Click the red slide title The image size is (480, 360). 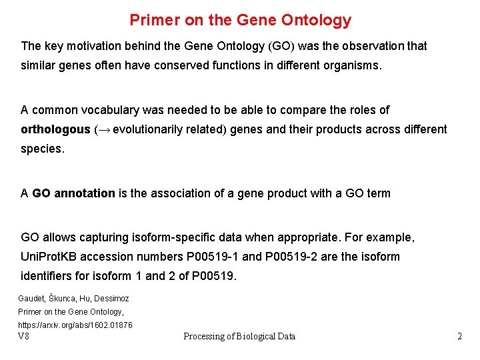(x=240, y=20)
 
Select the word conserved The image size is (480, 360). (x=197, y=66)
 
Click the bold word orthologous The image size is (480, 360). (x=55, y=129)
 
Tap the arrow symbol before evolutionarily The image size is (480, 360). (x=103, y=129)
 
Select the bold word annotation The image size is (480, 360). (x=85, y=193)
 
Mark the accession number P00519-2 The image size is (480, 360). (x=292, y=257)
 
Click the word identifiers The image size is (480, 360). (x=47, y=276)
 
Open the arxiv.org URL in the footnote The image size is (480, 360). (x=75, y=325)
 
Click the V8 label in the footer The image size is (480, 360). (x=23, y=336)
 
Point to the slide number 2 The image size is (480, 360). (x=459, y=336)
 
